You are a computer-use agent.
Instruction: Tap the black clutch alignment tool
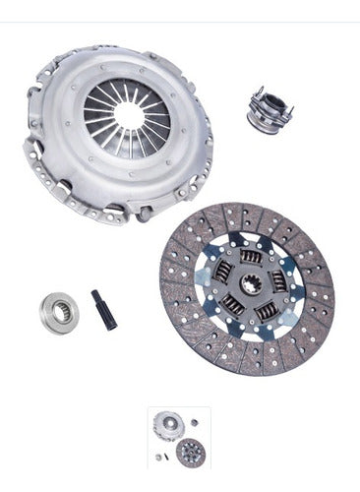[x=104, y=309]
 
